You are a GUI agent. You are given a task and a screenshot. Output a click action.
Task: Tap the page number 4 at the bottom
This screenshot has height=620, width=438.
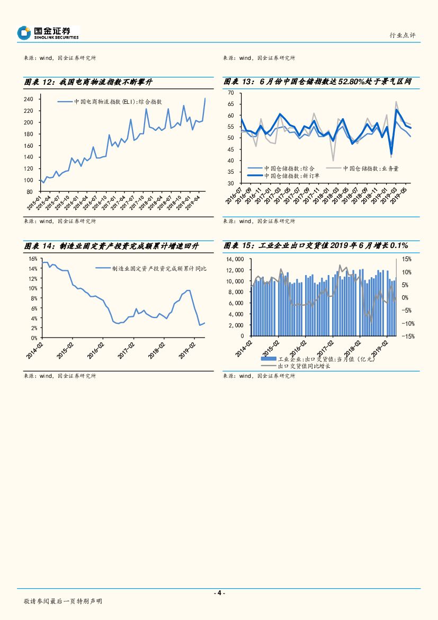(x=219, y=593)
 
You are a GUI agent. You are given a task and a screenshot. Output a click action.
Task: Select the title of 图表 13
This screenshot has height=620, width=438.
(x=317, y=82)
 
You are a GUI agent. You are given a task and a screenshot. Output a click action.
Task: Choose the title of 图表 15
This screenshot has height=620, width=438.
(x=316, y=246)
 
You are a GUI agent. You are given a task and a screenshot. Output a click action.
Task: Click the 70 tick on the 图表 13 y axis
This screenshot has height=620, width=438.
(x=230, y=93)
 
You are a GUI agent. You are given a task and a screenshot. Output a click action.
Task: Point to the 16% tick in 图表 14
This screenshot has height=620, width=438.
(x=31, y=259)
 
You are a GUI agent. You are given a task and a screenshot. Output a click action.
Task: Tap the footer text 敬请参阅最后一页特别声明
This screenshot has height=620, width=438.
(x=62, y=601)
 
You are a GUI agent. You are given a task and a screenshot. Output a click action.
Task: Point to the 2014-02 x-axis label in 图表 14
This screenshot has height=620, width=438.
(x=34, y=350)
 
